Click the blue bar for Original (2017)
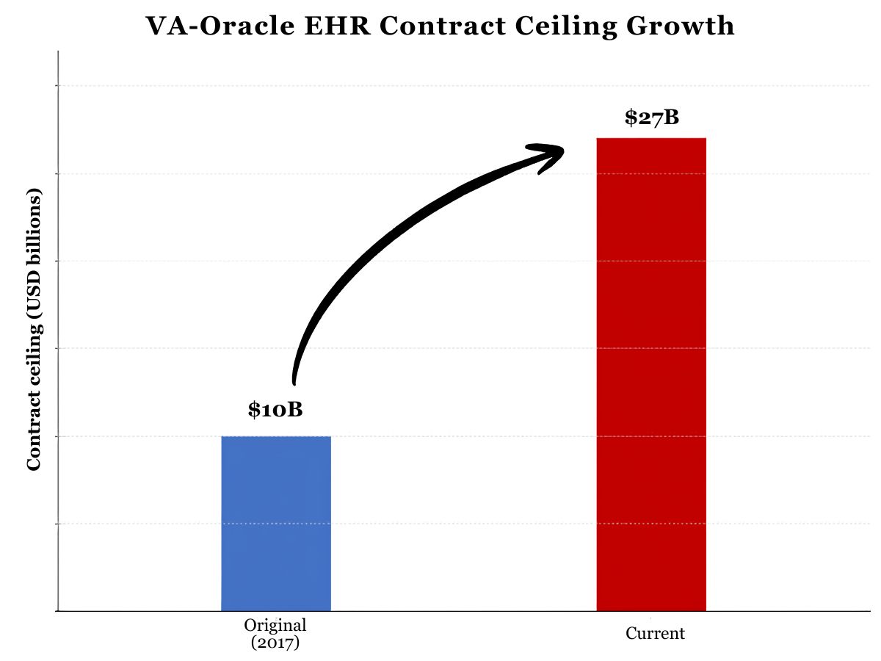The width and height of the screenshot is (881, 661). [276, 524]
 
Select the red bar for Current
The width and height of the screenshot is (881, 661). [651, 375]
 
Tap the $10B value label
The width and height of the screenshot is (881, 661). [275, 410]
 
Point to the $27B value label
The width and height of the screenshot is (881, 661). [652, 118]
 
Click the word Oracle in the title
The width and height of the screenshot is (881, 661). [247, 26]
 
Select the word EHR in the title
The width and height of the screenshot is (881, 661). [337, 26]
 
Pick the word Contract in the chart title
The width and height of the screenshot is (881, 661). [443, 26]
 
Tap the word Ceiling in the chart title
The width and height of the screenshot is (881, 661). [566, 27]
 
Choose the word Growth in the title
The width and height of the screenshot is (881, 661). [681, 26]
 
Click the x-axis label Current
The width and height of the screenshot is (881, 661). [655, 633]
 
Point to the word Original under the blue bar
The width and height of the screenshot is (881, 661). [275, 625]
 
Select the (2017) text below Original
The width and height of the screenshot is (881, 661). [275, 643]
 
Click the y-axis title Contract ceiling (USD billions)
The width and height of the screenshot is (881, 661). [34, 329]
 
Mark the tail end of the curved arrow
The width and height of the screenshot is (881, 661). [294, 383]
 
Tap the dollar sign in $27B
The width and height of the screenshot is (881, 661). [631, 118]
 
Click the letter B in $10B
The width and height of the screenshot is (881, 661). [295, 410]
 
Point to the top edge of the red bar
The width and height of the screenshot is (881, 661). [651, 138]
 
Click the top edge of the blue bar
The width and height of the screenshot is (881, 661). [276, 436]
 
